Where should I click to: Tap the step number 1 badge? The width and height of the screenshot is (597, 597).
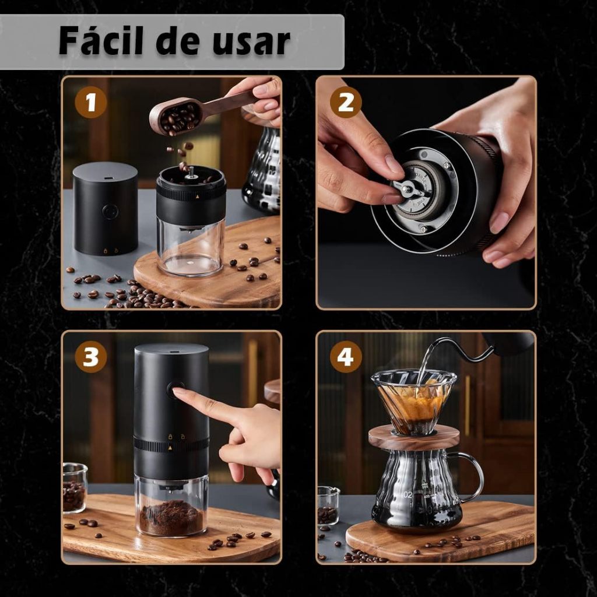point(90,102)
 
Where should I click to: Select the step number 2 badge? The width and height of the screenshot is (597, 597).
point(346,101)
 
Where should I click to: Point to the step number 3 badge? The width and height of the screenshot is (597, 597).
point(90,357)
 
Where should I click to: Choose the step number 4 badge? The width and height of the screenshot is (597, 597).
point(346,357)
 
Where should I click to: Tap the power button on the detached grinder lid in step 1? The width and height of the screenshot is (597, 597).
point(110,212)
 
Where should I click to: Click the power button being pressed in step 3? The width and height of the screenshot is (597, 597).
point(175,389)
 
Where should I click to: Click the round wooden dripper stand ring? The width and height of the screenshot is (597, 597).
point(414,437)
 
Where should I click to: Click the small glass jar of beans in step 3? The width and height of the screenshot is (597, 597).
point(75,488)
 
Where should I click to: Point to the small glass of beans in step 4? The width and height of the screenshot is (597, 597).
point(328,506)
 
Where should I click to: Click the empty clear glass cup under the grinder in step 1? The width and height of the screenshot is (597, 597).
point(191,247)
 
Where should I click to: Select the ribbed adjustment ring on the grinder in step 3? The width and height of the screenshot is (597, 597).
point(171,445)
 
